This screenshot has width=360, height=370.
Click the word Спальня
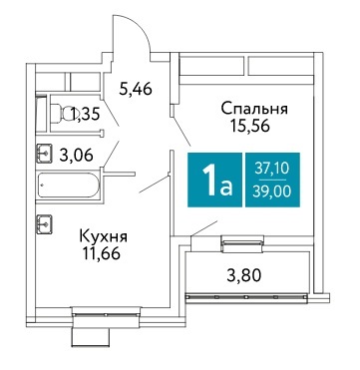[x=254, y=110]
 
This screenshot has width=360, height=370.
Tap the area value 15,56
[x=250, y=126]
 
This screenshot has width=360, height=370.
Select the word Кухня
[x=104, y=237]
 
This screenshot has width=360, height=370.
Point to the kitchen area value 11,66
[x=102, y=253]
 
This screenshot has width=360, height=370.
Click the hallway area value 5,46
[x=136, y=89]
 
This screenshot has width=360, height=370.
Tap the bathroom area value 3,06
[x=76, y=155]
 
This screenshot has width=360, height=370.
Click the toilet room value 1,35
[x=85, y=115]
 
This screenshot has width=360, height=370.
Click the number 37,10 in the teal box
[x=272, y=170]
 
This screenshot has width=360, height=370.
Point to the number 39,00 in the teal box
[x=272, y=191]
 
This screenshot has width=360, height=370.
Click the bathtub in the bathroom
[x=69, y=185]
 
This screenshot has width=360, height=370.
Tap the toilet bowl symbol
[x=62, y=112]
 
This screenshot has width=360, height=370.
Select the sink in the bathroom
[x=44, y=153]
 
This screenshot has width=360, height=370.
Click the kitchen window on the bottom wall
[x=107, y=314]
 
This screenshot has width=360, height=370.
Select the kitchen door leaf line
[x=155, y=185]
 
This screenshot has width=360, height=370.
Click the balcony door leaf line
[x=204, y=228]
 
